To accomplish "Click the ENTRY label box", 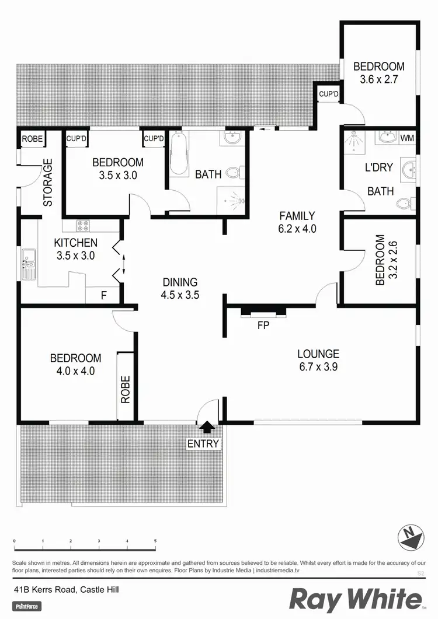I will pos(203,444).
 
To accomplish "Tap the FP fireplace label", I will pos(263,326).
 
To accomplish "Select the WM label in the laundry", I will pos(406,138).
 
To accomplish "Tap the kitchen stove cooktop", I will pos(83,225).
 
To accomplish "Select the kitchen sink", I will pos(29,264).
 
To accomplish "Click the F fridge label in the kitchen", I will pos(103,296).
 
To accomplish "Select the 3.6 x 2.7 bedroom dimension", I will pos(378,80).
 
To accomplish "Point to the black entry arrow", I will pos(203,429).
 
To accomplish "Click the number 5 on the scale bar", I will pos(155,541).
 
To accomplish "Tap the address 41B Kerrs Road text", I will pos(67,590).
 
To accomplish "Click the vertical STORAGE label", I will pos(48,182).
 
